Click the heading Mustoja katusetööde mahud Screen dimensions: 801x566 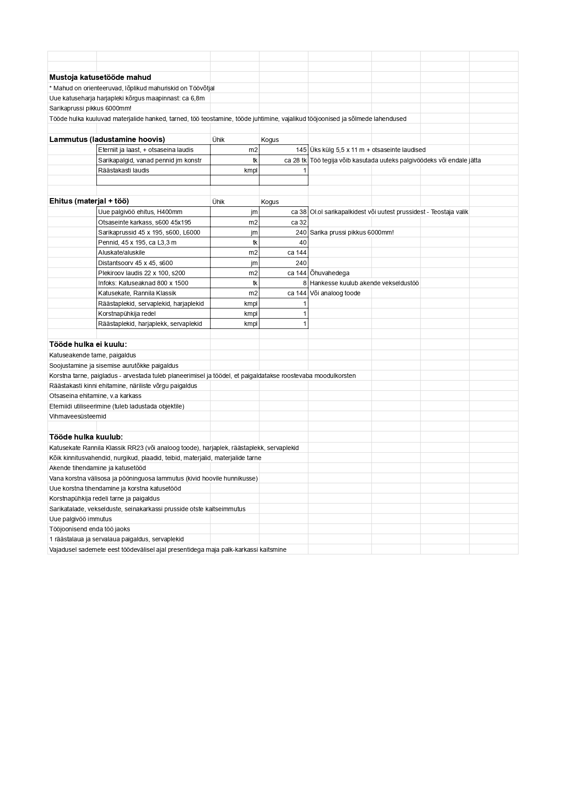click(100, 78)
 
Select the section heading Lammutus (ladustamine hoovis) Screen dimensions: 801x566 click(107, 139)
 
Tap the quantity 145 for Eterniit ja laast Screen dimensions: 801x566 click(301, 150)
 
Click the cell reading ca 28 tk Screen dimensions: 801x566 click(295, 160)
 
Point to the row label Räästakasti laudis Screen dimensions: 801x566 click(124, 170)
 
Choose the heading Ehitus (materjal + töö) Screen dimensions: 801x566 click(89, 201)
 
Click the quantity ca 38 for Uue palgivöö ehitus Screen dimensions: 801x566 click(299, 212)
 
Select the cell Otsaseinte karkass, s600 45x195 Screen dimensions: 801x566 click(145, 222)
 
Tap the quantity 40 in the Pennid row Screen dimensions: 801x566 click(303, 242)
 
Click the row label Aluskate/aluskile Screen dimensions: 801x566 click(121, 252)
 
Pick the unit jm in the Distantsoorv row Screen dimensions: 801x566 click(254, 263)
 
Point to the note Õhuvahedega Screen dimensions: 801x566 click(330, 273)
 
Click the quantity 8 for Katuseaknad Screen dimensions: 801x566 click(305, 283)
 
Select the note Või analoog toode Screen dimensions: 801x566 click(335, 293)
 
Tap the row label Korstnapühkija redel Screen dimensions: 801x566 click(127, 314)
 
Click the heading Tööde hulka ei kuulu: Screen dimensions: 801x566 click(88, 344)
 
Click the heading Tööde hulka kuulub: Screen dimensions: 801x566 click(86, 437)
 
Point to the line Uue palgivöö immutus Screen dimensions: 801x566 click(80, 519)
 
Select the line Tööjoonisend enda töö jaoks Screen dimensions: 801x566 click(89, 529)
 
